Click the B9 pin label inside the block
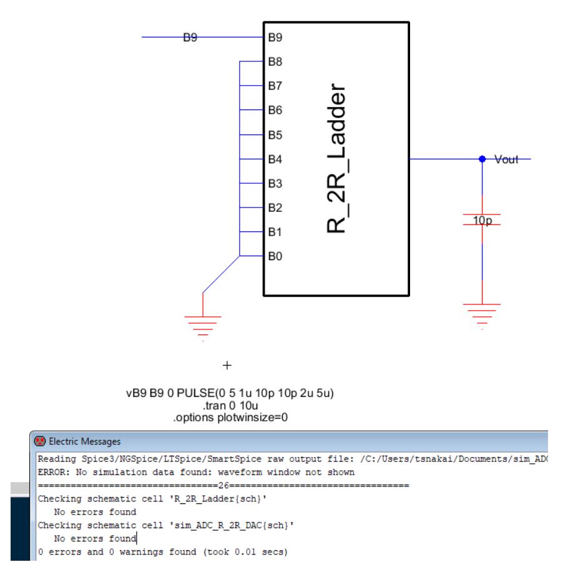click(275, 38)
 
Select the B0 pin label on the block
click(275, 256)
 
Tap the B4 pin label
click(275, 159)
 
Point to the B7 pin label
click(275, 86)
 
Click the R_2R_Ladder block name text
click(336, 159)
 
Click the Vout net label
click(506, 159)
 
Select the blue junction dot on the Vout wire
click(482, 159)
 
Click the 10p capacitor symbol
click(482, 219)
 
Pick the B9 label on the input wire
click(190, 38)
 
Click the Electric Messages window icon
click(39, 441)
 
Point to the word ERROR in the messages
click(52, 472)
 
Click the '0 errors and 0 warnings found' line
click(162, 552)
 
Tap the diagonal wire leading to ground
click(221, 274)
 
